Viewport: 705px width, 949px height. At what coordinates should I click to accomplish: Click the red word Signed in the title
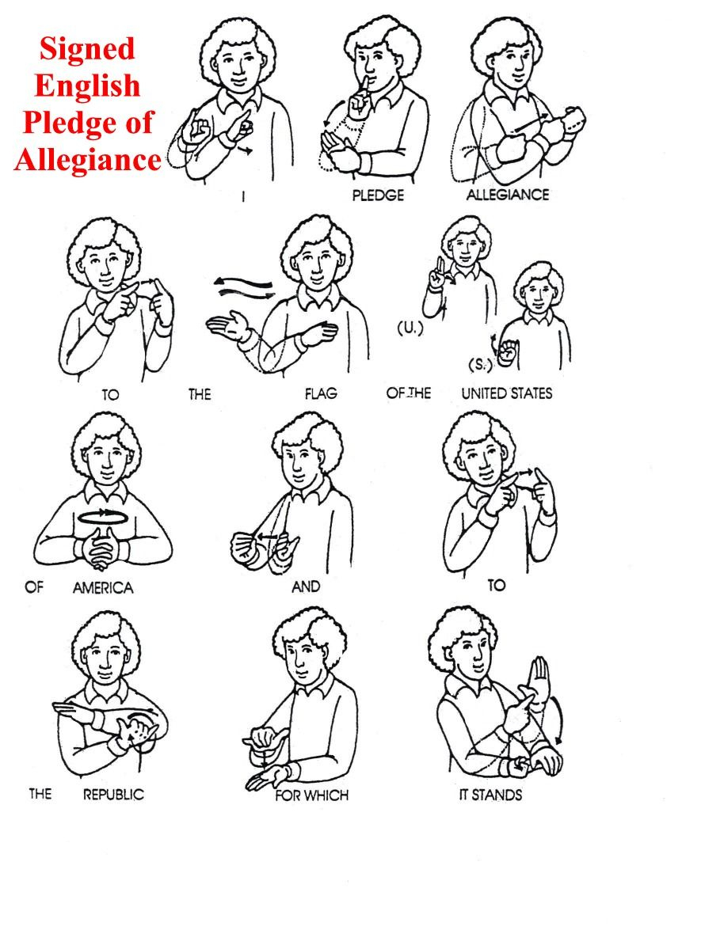click(87, 48)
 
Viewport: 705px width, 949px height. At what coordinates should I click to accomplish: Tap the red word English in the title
click(87, 85)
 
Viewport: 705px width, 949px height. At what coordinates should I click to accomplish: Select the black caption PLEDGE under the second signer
click(378, 195)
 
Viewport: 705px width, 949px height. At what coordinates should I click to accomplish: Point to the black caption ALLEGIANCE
click(507, 194)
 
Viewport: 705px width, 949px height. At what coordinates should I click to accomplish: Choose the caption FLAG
click(320, 393)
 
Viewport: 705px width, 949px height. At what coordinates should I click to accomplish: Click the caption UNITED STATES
click(507, 393)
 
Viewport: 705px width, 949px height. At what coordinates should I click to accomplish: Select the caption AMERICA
click(103, 588)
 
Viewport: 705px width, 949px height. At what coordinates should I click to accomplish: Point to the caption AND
click(306, 586)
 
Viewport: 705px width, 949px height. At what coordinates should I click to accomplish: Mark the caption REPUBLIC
click(114, 794)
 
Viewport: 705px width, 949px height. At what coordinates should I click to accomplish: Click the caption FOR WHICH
click(312, 794)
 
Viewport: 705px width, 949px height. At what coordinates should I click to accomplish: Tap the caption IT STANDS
click(490, 794)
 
